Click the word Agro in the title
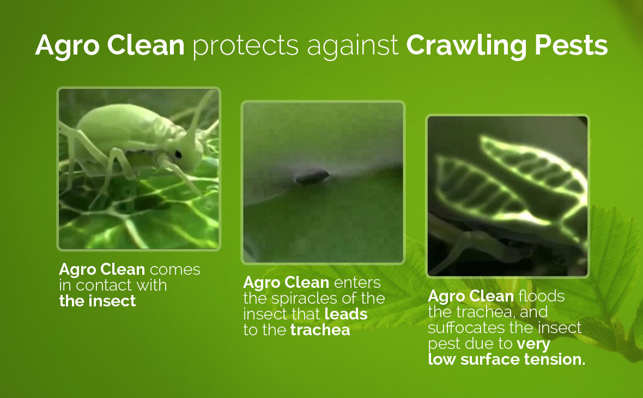pyautogui.click(x=67, y=46)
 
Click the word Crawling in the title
pyautogui.click(x=466, y=46)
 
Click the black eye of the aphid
pyautogui.click(x=178, y=155)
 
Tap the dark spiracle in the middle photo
pyautogui.click(x=312, y=177)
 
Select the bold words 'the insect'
pyautogui.click(x=98, y=301)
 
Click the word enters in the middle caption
pyautogui.click(x=357, y=283)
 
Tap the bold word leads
pyautogui.click(x=345, y=314)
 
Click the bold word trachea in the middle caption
pyautogui.click(x=320, y=330)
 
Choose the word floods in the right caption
pyautogui.click(x=541, y=296)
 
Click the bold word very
pyautogui.click(x=533, y=344)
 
